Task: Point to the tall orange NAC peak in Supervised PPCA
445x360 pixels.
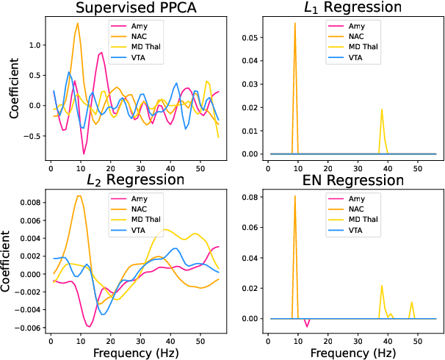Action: tap(78, 24)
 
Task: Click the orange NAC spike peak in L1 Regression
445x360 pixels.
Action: tap(294, 24)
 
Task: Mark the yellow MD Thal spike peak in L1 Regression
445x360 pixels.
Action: tap(382, 109)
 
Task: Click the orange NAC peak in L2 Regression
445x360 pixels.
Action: tap(79, 195)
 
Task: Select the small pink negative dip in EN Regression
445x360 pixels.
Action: tap(307, 325)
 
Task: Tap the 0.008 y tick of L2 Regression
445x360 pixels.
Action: tap(32, 202)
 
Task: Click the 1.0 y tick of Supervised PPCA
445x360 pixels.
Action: tap(35, 45)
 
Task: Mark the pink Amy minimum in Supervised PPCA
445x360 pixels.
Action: tap(84, 153)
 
